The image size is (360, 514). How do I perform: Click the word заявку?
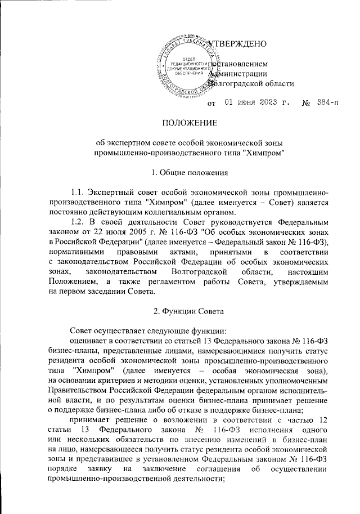(x=112, y=468)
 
